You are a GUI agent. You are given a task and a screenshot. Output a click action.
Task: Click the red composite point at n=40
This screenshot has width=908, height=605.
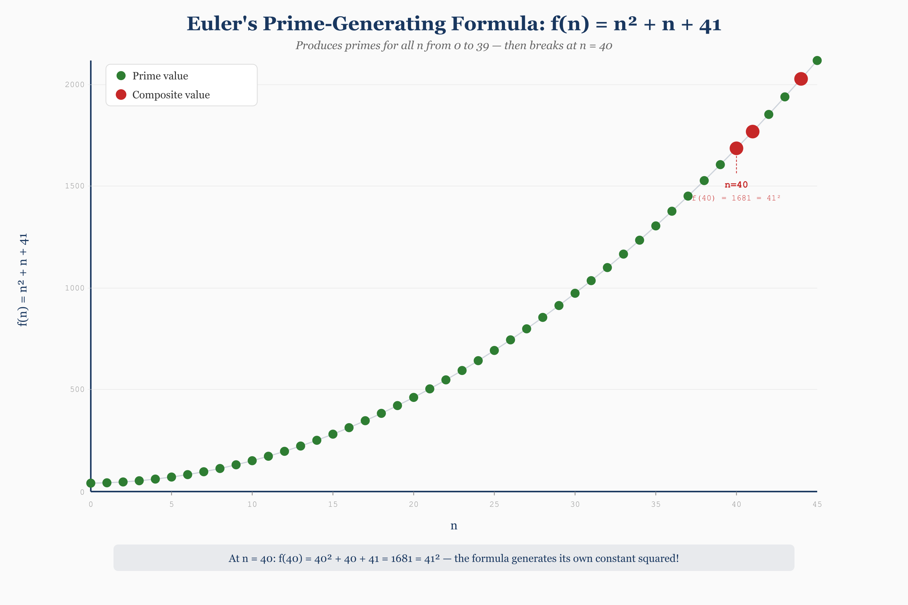point(736,148)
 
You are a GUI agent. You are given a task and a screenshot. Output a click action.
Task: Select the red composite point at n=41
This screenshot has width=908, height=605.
point(752,131)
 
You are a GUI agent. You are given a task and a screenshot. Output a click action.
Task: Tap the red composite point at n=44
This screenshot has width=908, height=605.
point(801,79)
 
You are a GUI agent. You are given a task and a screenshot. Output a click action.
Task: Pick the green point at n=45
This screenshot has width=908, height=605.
point(817,61)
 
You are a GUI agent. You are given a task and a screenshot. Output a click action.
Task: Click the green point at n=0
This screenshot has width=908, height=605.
point(91,483)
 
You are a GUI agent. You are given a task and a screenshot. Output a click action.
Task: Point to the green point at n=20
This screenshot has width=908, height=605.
point(414,397)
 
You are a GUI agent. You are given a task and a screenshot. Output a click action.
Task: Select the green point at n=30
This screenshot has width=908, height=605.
point(575,293)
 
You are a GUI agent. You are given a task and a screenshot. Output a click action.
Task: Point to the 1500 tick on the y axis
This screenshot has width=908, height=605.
point(74,186)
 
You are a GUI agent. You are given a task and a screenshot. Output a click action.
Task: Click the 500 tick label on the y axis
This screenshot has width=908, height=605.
point(77,389)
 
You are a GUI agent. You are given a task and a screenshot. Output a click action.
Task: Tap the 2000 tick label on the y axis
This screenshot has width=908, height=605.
point(74,84)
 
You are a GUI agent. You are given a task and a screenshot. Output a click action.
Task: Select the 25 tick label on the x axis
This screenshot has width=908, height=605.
point(494,504)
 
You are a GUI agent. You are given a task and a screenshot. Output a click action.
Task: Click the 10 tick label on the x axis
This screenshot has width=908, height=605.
point(252,504)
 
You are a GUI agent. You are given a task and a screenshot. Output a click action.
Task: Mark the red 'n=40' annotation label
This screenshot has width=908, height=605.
point(736,185)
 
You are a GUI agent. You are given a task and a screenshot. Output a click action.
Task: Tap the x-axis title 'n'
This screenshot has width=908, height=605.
point(454,526)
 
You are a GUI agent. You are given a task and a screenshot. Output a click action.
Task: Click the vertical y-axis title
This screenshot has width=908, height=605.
point(23,280)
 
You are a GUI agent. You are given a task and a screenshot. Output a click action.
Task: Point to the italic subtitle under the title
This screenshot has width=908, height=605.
point(454,45)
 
